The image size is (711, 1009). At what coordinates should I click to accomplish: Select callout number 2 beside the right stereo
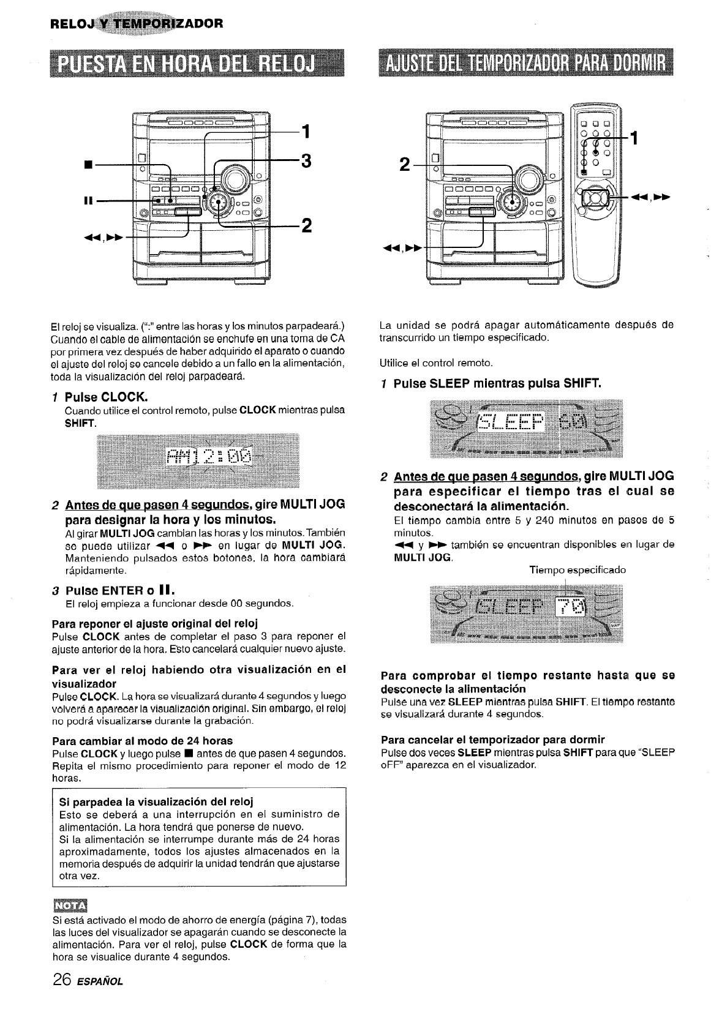coord(402,165)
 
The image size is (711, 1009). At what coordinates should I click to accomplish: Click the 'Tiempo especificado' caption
coord(577,570)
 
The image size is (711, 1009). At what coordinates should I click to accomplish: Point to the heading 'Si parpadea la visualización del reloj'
coord(156,801)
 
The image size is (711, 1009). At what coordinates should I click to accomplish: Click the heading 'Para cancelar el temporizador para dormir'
coord(492,739)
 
